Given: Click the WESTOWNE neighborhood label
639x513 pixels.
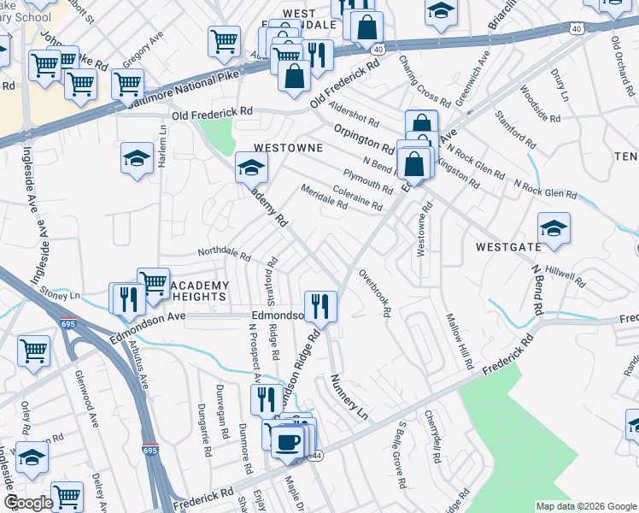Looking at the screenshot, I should [286, 147].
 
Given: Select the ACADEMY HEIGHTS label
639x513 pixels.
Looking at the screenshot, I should [199, 291].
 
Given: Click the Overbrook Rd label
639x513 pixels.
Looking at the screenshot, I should [375, 295].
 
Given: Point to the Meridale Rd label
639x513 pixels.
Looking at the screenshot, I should [324, 198].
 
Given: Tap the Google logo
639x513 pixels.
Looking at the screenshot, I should [29, 502].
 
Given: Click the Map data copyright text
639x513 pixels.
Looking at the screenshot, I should [586, 506].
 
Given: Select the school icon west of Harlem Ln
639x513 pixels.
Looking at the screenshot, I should [136, 158].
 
